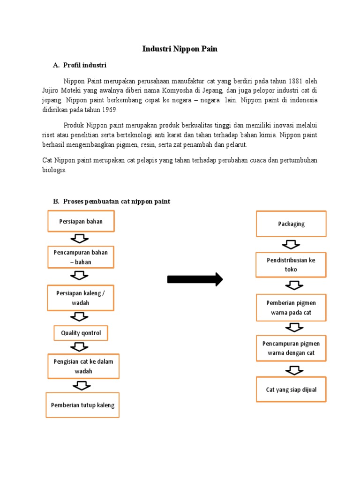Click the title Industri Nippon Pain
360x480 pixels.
coord(180,49)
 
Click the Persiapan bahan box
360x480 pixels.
coord(81,221)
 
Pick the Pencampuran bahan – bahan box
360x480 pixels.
coord(81,257)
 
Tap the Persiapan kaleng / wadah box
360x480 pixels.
coord(81,298)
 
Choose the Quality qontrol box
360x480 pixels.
coord(81,333)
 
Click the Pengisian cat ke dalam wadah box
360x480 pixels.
coord(83,366)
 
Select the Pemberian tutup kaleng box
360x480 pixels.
coord(83,405)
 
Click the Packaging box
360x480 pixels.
coord(291,224)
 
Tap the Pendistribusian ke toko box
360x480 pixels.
coord(291,265)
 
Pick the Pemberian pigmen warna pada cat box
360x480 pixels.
coord(291,307)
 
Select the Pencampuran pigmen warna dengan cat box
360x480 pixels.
coord(291,348)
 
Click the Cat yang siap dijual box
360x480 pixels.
coord(291,390)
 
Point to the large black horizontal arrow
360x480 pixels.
coord(195,279)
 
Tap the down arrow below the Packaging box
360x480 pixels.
coord(291,244)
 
